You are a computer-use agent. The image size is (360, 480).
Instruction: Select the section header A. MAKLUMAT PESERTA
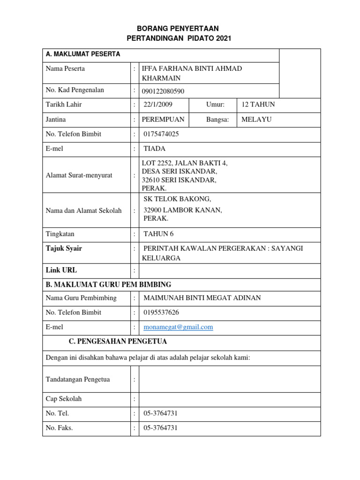(83, 54)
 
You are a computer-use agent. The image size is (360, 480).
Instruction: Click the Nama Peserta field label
(65, 69)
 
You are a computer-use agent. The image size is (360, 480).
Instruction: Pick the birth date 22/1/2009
(158, 105)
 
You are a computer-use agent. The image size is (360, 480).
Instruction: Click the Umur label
(215, 105)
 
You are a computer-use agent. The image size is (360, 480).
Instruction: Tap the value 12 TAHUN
(258, 105)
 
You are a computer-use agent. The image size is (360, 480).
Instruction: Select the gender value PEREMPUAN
(163, 120)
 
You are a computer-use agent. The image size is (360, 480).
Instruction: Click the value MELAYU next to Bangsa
(256, 120)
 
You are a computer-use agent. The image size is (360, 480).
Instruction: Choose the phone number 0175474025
(161, 134)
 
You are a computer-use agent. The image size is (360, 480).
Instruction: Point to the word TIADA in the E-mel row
(154, 149)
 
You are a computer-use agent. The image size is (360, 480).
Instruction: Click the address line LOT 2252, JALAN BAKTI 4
(185, 163)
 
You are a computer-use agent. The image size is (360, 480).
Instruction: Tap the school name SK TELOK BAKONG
(174, 199)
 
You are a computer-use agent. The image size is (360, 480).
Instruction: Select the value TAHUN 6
(158, 234)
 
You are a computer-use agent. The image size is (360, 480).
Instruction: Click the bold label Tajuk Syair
(64, 248)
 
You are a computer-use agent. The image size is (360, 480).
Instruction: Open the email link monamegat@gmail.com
(178, 327)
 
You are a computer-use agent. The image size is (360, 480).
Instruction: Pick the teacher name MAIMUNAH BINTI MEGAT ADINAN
(202, 298)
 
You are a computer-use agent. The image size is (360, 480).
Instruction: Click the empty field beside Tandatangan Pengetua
(230, 379)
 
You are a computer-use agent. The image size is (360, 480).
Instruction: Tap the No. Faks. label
(59, 428)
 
